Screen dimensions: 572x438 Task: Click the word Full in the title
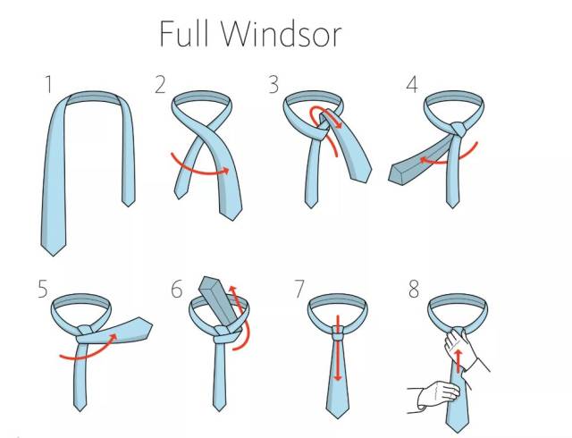184,34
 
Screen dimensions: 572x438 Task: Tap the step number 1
47,84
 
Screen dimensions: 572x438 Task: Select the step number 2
160,85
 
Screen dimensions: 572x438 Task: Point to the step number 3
273,85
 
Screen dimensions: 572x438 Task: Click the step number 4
412,85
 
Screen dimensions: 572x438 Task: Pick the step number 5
43,289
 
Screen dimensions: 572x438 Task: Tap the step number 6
177,290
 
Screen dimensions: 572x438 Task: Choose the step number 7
299,289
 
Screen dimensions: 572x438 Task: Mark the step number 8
414,289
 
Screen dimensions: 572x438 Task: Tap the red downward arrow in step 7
338,349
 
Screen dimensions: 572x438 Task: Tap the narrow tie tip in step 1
129,203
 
